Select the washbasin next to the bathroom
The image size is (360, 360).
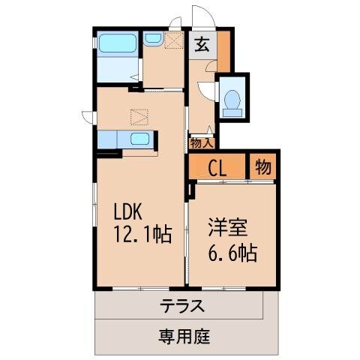tap(153, 37)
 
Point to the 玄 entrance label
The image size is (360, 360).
tap(202, 45)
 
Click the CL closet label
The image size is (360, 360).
tap(218, 167)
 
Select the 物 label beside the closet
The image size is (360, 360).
tap(262, 166)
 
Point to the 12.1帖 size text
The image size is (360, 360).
tap(142, 235)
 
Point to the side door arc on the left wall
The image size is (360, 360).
tap(88, 116)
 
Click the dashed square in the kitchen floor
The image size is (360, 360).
tap(139, 117)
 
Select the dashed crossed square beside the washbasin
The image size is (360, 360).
tap(174, 40)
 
